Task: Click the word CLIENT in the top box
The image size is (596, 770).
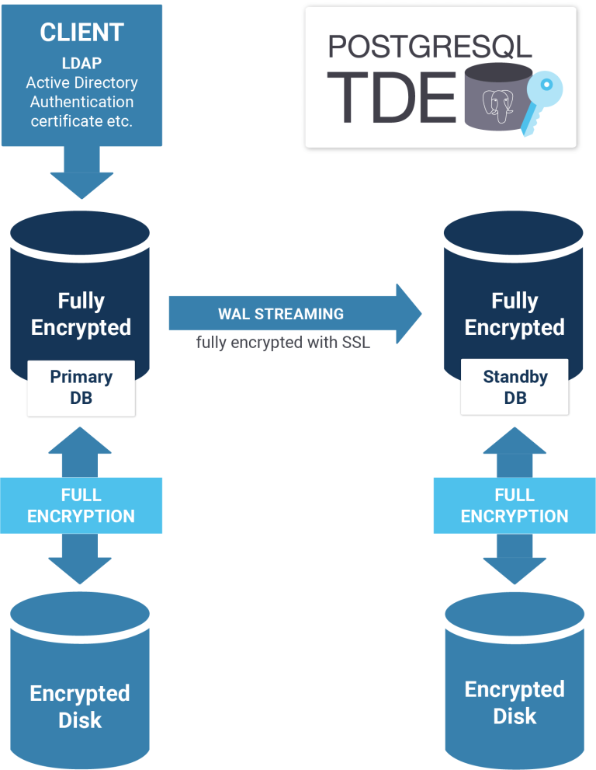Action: (x=81, y=33)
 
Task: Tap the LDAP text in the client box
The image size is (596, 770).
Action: (x=81, y=63)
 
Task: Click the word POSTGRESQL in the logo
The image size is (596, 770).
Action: (x=430, y=47)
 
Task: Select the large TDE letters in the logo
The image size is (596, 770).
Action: (x=391, y=97)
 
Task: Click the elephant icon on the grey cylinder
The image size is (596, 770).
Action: (x=498, y=106)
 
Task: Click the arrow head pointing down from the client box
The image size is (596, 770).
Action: (x=82, y=185)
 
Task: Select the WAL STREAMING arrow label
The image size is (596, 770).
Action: (x=281, y=314)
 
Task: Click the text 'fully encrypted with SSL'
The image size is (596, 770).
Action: (x=283, y=343)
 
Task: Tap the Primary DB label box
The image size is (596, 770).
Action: (x=81, y=388)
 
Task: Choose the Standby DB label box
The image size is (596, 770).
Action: (x=515, y=387)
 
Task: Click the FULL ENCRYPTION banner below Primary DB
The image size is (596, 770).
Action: (x=81, y=505)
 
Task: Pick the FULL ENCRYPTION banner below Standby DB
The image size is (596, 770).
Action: (x=515, y=505)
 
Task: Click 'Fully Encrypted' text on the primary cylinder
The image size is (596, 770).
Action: (x=81, y=314)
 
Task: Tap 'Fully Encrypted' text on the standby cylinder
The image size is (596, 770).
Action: (x=515, y=314)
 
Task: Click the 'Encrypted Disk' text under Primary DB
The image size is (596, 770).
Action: (x=80, y=707)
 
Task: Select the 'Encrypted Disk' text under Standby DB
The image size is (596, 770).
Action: (x=515, y=702)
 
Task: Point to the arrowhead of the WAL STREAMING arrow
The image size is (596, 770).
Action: (x=409, y=313)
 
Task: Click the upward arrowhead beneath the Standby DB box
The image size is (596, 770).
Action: (x=515, y=440)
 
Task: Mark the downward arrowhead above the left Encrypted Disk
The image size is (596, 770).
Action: (x=80, y=570)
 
